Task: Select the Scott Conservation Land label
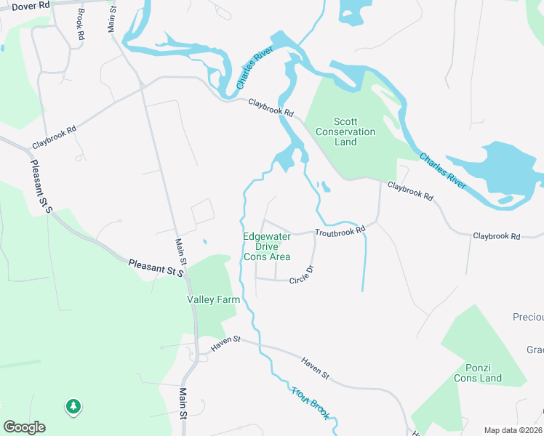click(x=345, y=132)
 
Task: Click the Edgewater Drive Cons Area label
click(x=267, y=246)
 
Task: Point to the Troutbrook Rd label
click(x=340, y=231)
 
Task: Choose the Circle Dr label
click(x=300, y=275)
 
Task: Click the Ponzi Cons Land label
click(x=478, y=373)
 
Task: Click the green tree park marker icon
click(x=73, y=406)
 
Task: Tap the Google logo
click(x=24, y=427)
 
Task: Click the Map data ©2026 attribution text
click(x=513, y=430)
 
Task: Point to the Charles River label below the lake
click(x=443, y=171)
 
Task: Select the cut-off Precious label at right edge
click(x=528, y=318)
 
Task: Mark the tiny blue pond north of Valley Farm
click(x=204, y=242)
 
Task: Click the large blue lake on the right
click(x=502, y=171)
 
